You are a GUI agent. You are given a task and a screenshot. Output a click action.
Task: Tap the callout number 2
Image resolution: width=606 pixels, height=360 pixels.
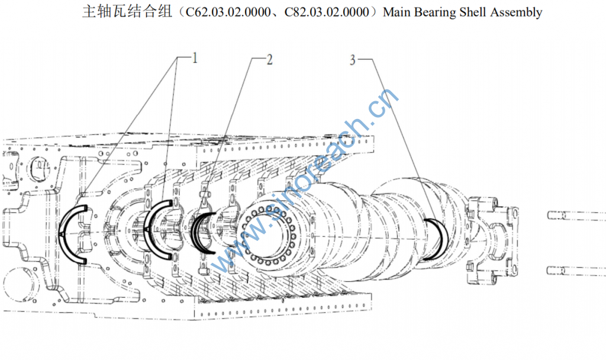click(x=269, y=59)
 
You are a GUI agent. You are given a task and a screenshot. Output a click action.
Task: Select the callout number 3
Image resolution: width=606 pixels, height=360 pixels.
click(x=353, y=60)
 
